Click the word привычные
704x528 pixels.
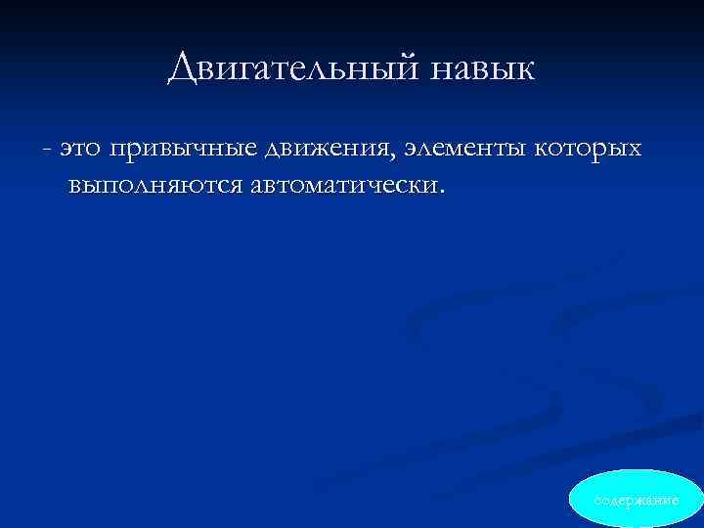(184, 151)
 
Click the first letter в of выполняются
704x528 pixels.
(75, 185)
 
